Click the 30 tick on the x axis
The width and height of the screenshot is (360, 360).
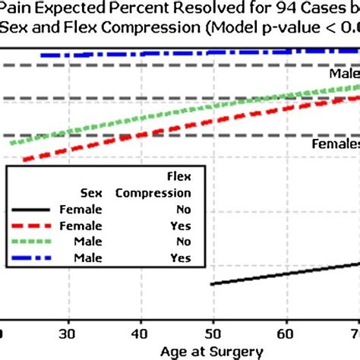pos(69,334)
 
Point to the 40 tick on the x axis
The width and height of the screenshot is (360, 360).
pos(141,334)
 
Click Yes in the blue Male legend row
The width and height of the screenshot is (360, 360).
pos(182,259)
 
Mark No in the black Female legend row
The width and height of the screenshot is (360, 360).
pos(182,210)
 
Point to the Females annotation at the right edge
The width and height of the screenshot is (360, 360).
pos(336,144)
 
